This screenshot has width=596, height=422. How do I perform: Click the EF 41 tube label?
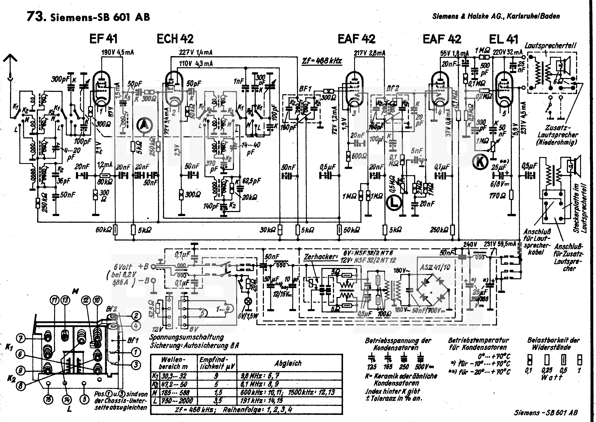coord(103,39)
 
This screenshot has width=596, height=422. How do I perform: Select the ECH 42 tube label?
coord(175,39)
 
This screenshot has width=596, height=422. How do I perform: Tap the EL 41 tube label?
coord(503,39)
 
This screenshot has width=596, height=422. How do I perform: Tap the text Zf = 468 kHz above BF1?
coord(322,61)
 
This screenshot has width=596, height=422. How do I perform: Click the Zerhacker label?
coord(320,257)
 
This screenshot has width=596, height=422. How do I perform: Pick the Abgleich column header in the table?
coord(288,363)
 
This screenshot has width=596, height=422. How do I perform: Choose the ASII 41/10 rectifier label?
coord(435,267)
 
